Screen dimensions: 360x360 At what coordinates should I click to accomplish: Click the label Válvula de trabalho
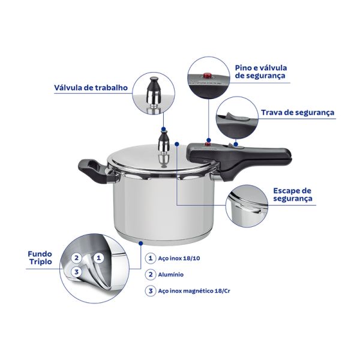[x=91, y=88]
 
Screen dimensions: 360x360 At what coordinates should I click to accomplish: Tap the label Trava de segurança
[x=298, y=113]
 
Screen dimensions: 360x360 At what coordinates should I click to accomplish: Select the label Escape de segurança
[x=293, y=194]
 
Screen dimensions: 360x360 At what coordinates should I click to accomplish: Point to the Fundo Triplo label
[x=40, y=257]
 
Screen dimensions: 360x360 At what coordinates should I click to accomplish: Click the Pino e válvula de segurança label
[x=261, y=71]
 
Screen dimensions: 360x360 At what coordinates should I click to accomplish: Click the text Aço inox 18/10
[x=179, y=258]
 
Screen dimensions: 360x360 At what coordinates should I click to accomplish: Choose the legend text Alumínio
[x=170, y=275]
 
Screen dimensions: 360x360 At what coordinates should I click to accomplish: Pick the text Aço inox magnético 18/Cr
[x=194, y=291]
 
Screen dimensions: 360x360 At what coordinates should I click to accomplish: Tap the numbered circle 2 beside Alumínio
[x=151, y=275]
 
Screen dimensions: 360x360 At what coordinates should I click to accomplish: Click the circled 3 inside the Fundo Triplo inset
[x=76, y=272]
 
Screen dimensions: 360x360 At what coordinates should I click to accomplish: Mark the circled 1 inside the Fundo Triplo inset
[x=99, y=258]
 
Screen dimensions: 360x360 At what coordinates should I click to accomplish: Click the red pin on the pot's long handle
[x=208, y=144]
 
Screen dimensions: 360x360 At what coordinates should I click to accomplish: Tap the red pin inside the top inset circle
[x=208, y=75]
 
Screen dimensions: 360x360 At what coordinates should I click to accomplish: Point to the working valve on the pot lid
[x=163, y=142]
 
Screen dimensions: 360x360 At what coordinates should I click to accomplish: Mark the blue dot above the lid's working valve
[x=163, y=129]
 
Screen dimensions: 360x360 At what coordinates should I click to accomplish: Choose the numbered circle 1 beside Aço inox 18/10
[x=151, y=258]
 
